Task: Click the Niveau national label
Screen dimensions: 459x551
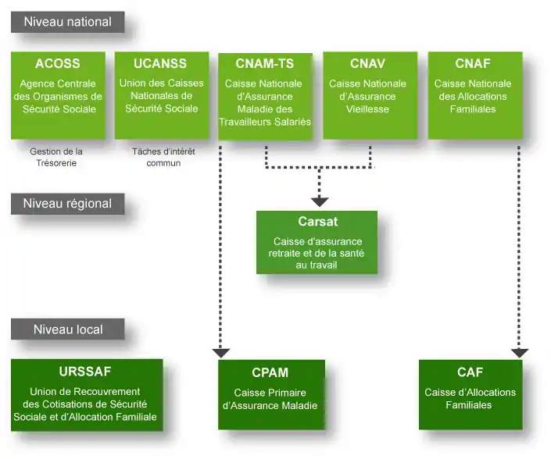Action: (x=67, y=22)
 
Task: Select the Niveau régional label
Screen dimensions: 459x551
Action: (x=67, y=204)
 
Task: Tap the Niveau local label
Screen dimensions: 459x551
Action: (x=67, y=329)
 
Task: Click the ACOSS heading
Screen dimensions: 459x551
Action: (x=58, y=64)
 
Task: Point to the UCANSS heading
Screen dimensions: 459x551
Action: (x=161, y=64)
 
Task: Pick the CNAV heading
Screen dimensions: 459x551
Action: (x=367, y=64)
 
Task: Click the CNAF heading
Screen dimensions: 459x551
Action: (x=472, y=64)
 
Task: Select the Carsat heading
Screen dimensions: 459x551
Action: (x=317, y=222)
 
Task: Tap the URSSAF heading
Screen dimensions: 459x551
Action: (x=85, y=371)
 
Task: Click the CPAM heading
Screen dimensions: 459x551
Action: (x=270, y=372)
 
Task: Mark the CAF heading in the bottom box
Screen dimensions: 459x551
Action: (x=470, y=372)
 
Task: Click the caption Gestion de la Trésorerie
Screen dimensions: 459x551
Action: (x=56, y=157)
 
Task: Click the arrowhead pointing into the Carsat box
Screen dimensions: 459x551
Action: (x=319, y=201)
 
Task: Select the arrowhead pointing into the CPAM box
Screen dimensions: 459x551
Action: (x=221, y=353)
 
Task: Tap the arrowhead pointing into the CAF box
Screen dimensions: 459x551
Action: (x=520, y=353)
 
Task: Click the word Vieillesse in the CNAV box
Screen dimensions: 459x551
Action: (x=367, y=110)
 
